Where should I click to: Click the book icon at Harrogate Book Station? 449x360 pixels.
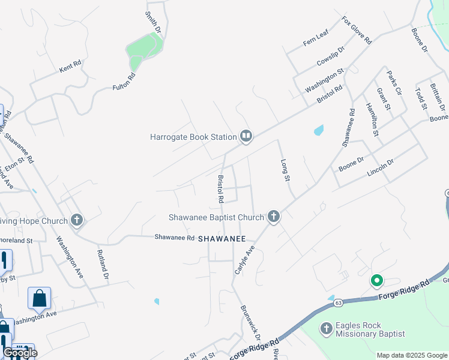tap(246, 137)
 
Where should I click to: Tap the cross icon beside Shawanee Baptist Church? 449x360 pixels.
tap(274, 217)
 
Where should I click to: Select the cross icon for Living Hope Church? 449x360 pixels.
tap(76, 221)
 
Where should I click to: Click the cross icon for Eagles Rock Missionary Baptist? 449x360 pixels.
tap(326, 329)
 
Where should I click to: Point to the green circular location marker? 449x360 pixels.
tap(377, 280)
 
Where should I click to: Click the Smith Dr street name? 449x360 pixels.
tap(154, 22)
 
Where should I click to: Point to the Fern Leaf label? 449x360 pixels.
tap(316, 40)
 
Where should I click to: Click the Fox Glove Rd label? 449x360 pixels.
tap(357, 31)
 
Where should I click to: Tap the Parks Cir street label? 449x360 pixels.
tap(394, 83)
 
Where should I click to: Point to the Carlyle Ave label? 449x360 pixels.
tap(244, 259)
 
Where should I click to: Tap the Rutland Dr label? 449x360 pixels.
tap(101, 265)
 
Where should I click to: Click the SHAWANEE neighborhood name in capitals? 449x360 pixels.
tap(223, 239)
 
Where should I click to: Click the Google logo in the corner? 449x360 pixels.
tap(20, 353)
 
